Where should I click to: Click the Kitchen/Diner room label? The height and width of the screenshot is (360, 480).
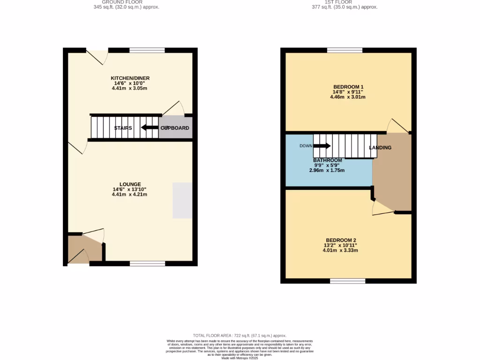[x=130, y=78]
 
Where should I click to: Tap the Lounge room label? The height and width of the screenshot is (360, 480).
[x=130, y=184]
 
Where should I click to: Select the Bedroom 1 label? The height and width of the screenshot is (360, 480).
[x=348, y=87]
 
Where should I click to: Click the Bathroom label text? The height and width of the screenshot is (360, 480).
[x=327, y=160]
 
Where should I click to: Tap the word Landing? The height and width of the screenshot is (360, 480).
[x=380, y=148]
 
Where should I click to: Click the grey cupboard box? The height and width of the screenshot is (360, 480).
[x=175, y=128]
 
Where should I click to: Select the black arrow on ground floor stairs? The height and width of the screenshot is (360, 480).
[x=150, y=127]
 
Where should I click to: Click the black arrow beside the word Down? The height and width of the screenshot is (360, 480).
[x=322, y=146]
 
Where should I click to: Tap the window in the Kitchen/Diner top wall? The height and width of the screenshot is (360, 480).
[x=147, y=50]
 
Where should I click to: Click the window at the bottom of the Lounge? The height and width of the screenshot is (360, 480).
[x=147, y=264]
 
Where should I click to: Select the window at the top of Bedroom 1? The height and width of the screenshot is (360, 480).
[x=345, y=50]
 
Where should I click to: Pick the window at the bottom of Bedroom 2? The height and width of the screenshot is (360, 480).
[x=347, y=281]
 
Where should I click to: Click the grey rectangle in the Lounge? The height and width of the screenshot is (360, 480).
[x=182, y=200]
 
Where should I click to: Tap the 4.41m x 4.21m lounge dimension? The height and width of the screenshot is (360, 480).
[x=130, y=195]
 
